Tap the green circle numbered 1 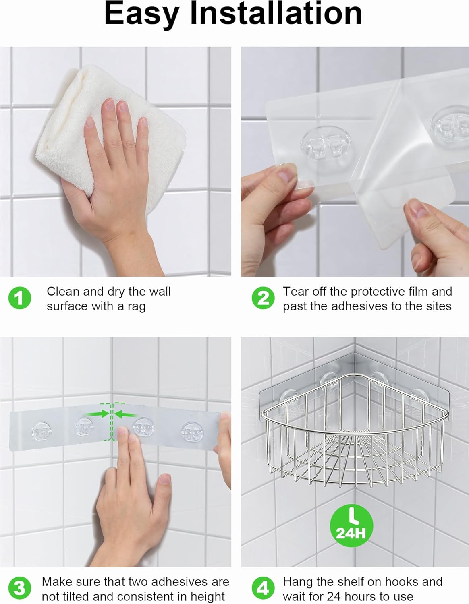[19, 298]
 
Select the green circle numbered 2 [263, 298]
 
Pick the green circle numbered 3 [19, 589]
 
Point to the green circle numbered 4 [263, 589]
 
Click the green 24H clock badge [351, 526]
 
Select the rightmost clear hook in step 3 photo [192, 432]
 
